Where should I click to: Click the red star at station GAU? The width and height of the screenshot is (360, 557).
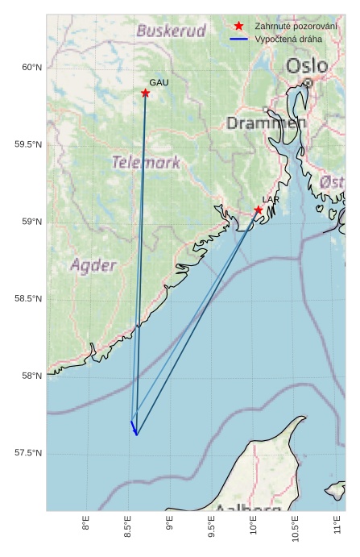[145, 94]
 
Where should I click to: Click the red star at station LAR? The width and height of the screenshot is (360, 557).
[259, 210]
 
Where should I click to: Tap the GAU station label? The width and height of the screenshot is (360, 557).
[159, 83]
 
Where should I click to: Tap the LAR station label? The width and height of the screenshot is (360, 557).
[271, 199]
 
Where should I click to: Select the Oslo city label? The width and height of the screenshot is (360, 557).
[307, 65]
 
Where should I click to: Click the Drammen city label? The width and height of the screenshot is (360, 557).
[266, 123]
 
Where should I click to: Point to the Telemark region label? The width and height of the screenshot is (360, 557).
[147, 162]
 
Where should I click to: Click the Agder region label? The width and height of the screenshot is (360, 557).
[93, 264]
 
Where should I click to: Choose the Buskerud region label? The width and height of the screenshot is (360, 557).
[171, 31]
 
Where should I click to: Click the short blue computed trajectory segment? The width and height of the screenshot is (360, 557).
[134, 427]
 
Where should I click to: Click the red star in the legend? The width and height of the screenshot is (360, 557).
[238, 27]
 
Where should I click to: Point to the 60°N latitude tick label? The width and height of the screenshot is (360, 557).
[31, 68]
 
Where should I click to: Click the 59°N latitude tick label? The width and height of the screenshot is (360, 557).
[31, 222]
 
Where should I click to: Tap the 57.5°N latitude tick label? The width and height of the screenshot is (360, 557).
[27, 453]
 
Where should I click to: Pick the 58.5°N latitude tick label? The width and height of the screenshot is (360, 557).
[27, 299]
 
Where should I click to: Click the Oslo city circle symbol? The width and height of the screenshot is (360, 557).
[308, 82]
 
